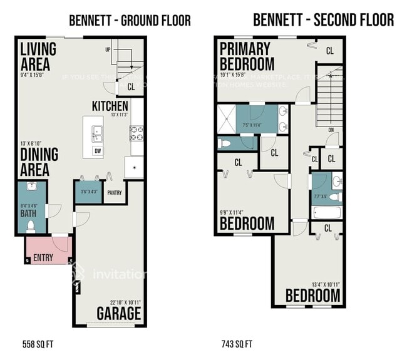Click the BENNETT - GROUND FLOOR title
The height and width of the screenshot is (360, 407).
(130, 21)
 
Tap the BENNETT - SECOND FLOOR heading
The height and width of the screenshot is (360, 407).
(323, 19)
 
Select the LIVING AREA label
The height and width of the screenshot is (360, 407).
(38, 56)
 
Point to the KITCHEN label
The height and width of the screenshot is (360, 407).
(110, 106)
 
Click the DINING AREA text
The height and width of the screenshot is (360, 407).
(39, 161)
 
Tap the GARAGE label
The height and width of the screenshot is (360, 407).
(119, 312)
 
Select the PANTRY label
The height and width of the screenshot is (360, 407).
(115, 193)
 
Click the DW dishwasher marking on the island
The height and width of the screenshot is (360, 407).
(98, 151)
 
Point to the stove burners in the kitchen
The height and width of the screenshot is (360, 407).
(137, 132)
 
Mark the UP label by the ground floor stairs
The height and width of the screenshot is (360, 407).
(108, 49)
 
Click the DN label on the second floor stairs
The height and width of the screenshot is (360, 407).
(331, 130)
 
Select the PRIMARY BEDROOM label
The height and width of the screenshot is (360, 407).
(247, 56)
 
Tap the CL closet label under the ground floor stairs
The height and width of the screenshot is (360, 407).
(131, 88)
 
